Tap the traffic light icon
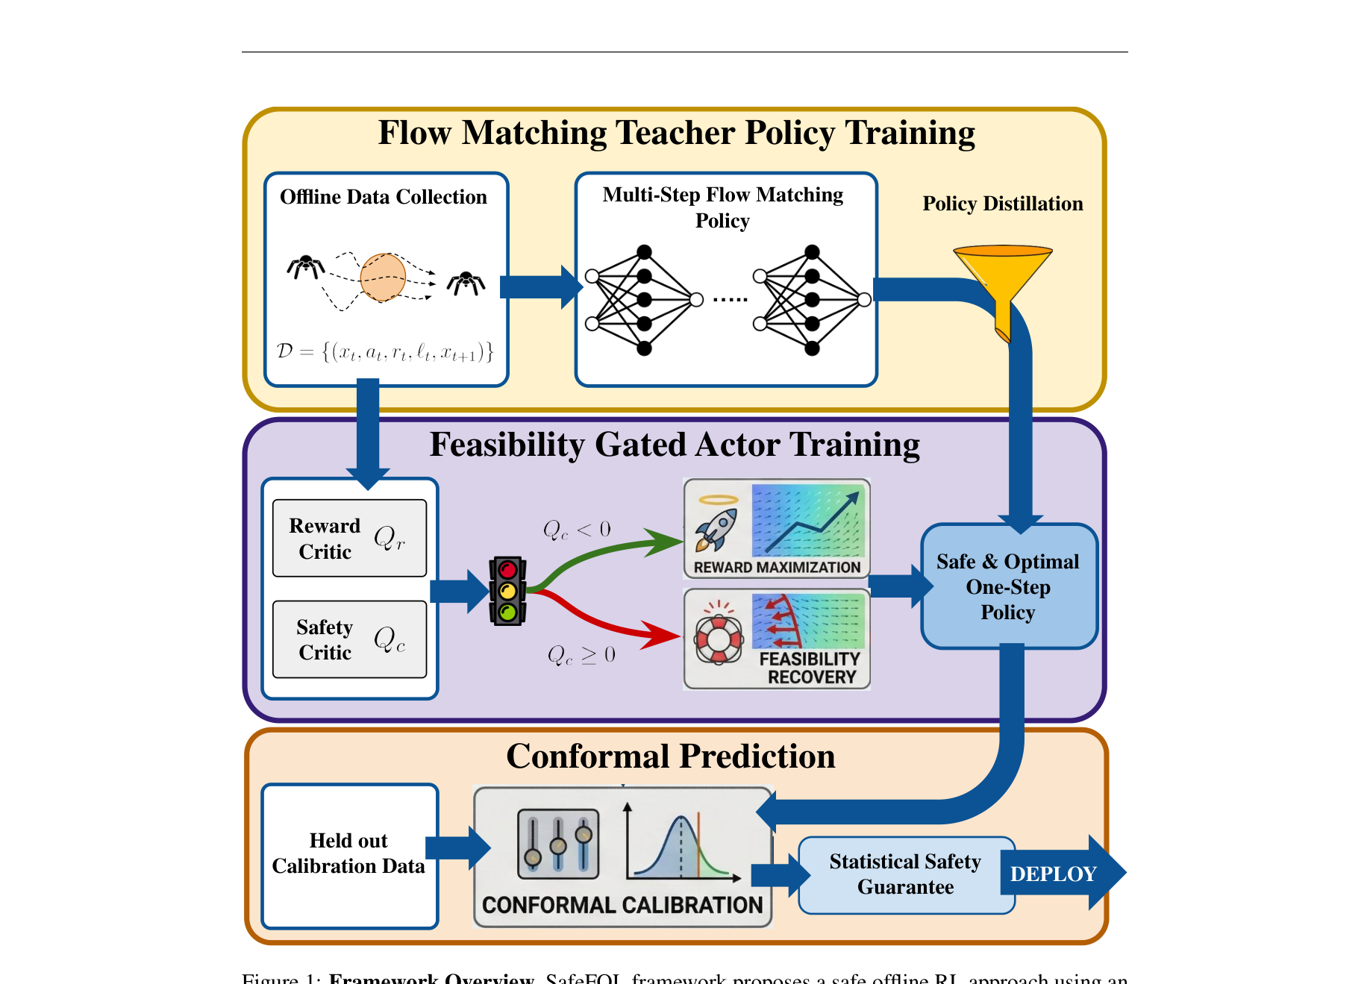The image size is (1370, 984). (x=508, y=591)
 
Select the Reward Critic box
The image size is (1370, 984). (x=349, y=539)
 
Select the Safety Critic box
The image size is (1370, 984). (x=349, y=639)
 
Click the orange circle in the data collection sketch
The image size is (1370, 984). (x=383, y=277)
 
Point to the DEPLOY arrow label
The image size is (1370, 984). (x=1053, y=874)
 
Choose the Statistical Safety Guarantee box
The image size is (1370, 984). (x=905, y=874)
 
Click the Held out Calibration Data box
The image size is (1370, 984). (x=349, y=855)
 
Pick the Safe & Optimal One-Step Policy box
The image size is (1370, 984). (x=1008, y=586)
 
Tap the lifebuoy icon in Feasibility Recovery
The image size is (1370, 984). (x=718, y=639)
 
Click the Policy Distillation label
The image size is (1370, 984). (x=1002, y=204)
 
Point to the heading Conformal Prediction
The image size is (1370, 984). (x=670, y=756)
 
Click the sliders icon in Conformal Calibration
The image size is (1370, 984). (x=558, y=844)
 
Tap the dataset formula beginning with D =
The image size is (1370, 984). (x=385, y=351)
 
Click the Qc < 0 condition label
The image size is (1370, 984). (x=577, y=530)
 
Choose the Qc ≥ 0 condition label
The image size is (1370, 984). (x=581, y=655)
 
